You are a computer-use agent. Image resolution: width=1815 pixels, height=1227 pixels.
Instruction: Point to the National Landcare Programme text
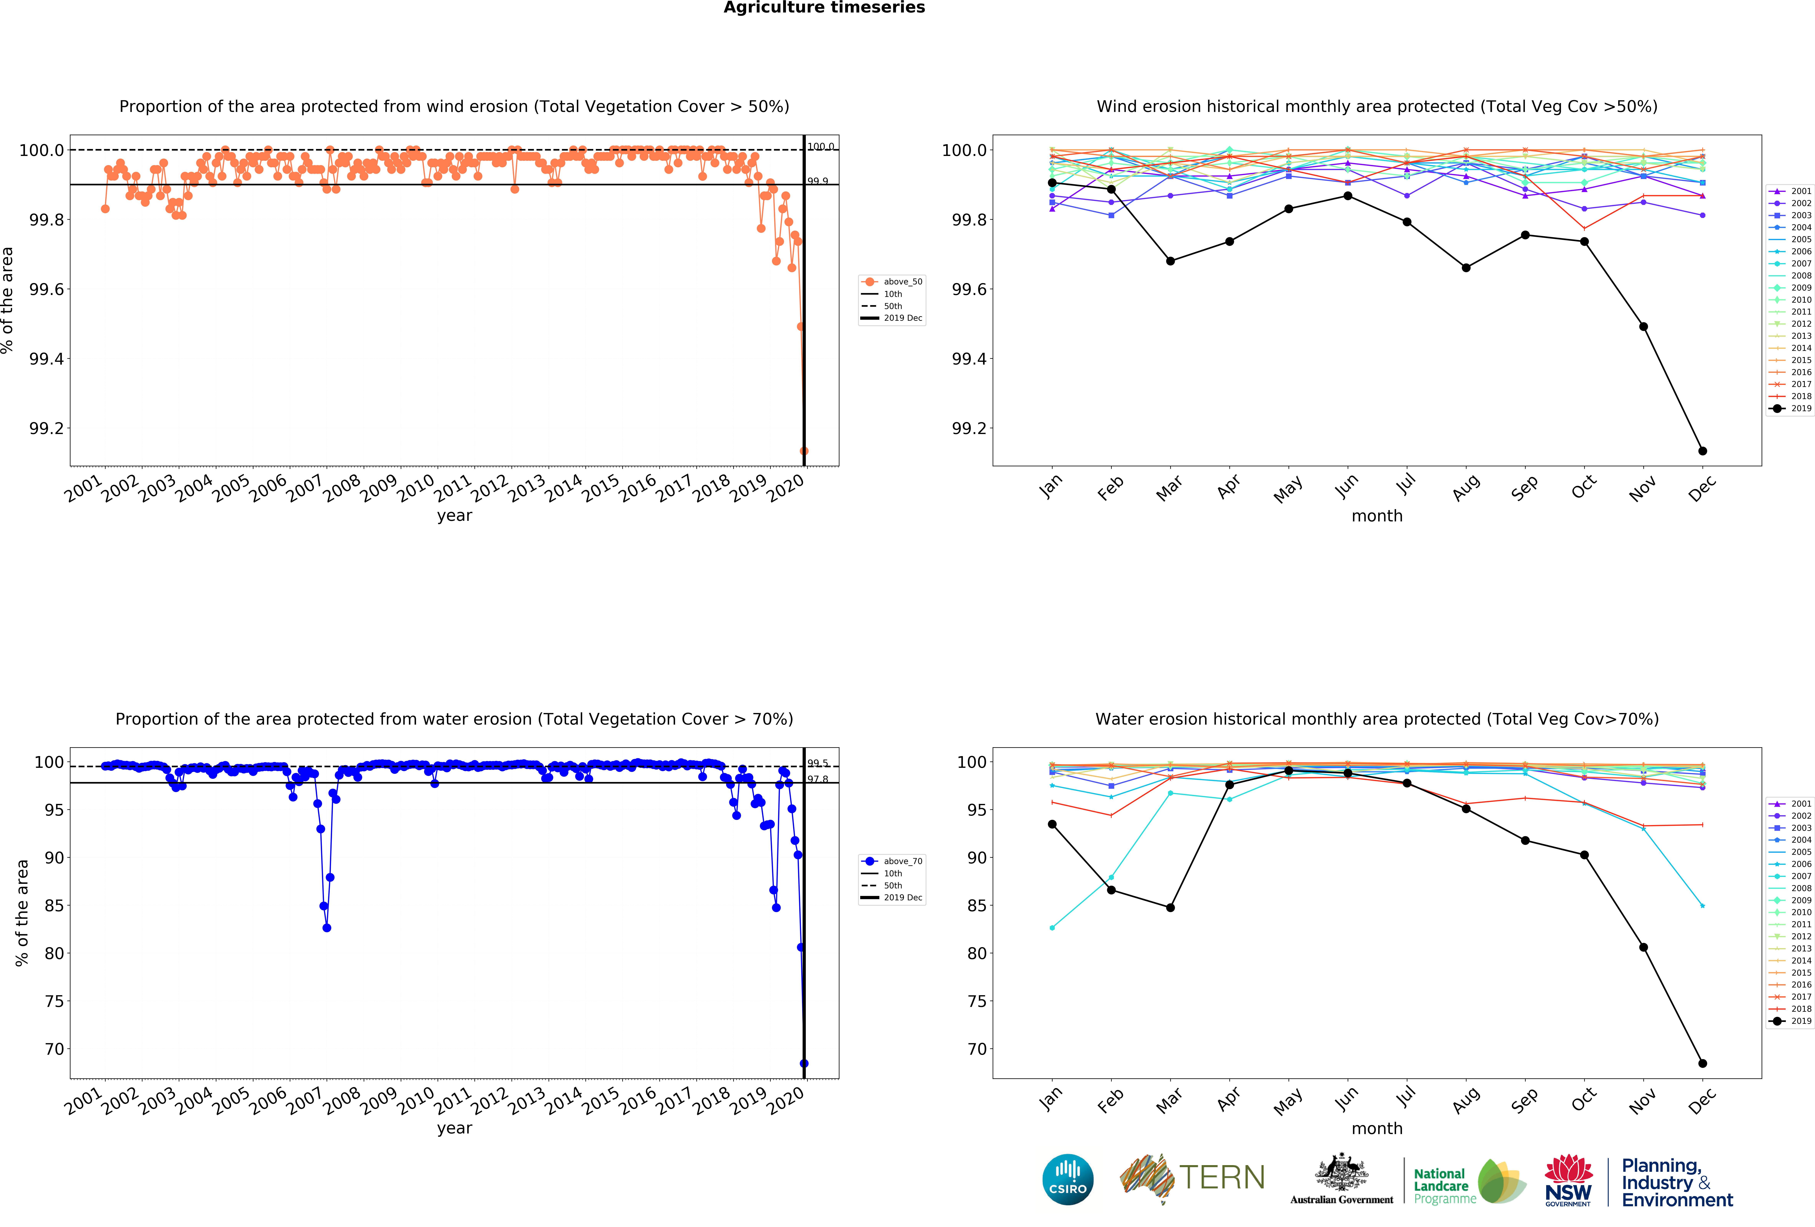(x=1444, y=1186)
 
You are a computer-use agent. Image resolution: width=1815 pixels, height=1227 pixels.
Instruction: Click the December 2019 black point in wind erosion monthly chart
(x=1702, y=451)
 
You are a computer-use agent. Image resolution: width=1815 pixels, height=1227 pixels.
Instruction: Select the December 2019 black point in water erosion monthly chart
(x=1702, y=1063)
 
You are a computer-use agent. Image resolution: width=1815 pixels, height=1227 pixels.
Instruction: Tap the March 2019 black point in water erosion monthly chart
(x=1170, y=908)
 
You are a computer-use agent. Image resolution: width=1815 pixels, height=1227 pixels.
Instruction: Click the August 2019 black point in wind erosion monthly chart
(x=1466, y=268)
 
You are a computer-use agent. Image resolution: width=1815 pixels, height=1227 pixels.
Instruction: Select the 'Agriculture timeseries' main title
(x=824, y=8)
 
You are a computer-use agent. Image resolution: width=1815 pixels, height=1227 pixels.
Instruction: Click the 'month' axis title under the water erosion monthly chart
(x=1377, y=1129)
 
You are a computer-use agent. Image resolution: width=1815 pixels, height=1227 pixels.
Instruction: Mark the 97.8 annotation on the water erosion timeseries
(x=818, y=780)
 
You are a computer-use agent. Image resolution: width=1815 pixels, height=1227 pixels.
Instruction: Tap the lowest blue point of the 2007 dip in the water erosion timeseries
(x=326, y=928)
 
